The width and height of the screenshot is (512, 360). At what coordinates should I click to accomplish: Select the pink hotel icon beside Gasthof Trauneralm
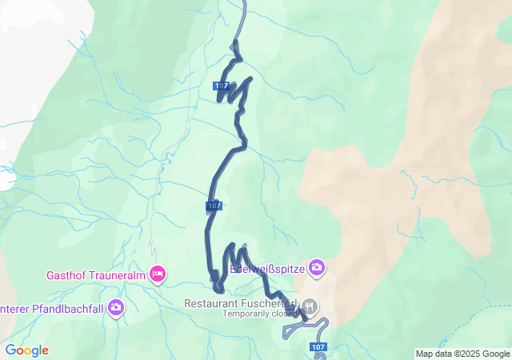(x=158, y=274)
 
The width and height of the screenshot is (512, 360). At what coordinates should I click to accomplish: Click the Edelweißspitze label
(x=267, y=269)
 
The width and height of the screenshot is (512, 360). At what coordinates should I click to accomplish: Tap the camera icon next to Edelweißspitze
(x=317, y=267)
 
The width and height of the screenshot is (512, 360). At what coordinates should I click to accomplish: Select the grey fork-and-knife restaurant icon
(x=310, y=306)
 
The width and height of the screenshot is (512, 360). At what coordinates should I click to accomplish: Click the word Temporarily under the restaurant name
(x=247, y=314)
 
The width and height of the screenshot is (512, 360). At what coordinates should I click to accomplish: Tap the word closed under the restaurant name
(x=284, y=314)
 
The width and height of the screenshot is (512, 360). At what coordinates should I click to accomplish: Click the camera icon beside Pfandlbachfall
(x=117, y=307)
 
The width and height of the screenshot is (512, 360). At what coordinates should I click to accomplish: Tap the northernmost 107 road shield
(x=222, y=86)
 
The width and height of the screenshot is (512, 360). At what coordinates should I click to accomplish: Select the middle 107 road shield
(x=213, y=206)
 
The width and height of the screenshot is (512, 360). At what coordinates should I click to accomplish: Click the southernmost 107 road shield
(x=318, y=347)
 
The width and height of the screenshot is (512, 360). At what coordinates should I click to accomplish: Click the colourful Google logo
(x=26, y=350)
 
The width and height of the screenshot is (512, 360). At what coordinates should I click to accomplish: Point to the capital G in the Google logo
(x=10, y=350)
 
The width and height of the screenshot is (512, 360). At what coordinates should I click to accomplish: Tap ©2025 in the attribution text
(x=469, y=354)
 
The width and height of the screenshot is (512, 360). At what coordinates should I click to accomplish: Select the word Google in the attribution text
(x=497, y=354)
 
